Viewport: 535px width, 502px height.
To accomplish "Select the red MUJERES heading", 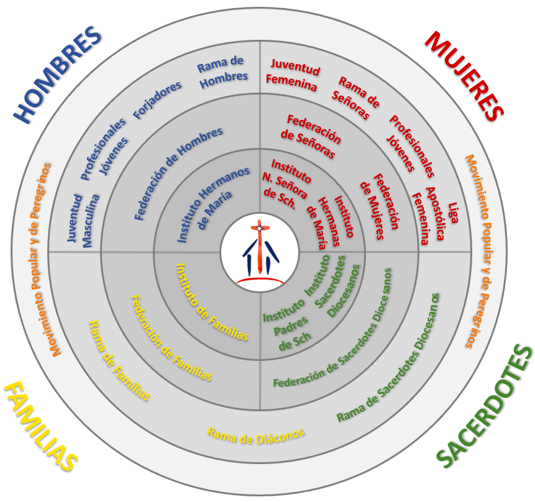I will (464, 75).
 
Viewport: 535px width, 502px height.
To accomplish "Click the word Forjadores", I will (158, 99).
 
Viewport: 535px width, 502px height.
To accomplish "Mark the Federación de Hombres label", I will (178, 173).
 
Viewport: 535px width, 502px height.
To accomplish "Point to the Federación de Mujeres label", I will (380, 206).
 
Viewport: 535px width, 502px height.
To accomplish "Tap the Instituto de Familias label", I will (212, 301).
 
